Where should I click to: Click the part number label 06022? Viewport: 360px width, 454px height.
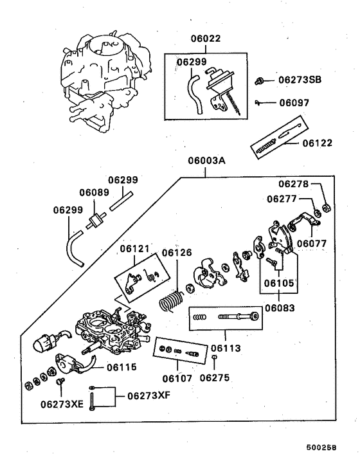pyautogui.click(x=205, y=39)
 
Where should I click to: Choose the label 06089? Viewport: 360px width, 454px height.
pyautogui.click(x=94, y=192)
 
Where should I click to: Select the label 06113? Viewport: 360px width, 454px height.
pyautogui.click(x=226, y=349)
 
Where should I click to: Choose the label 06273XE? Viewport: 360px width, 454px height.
pyautogui.click(x=62, y=404)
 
